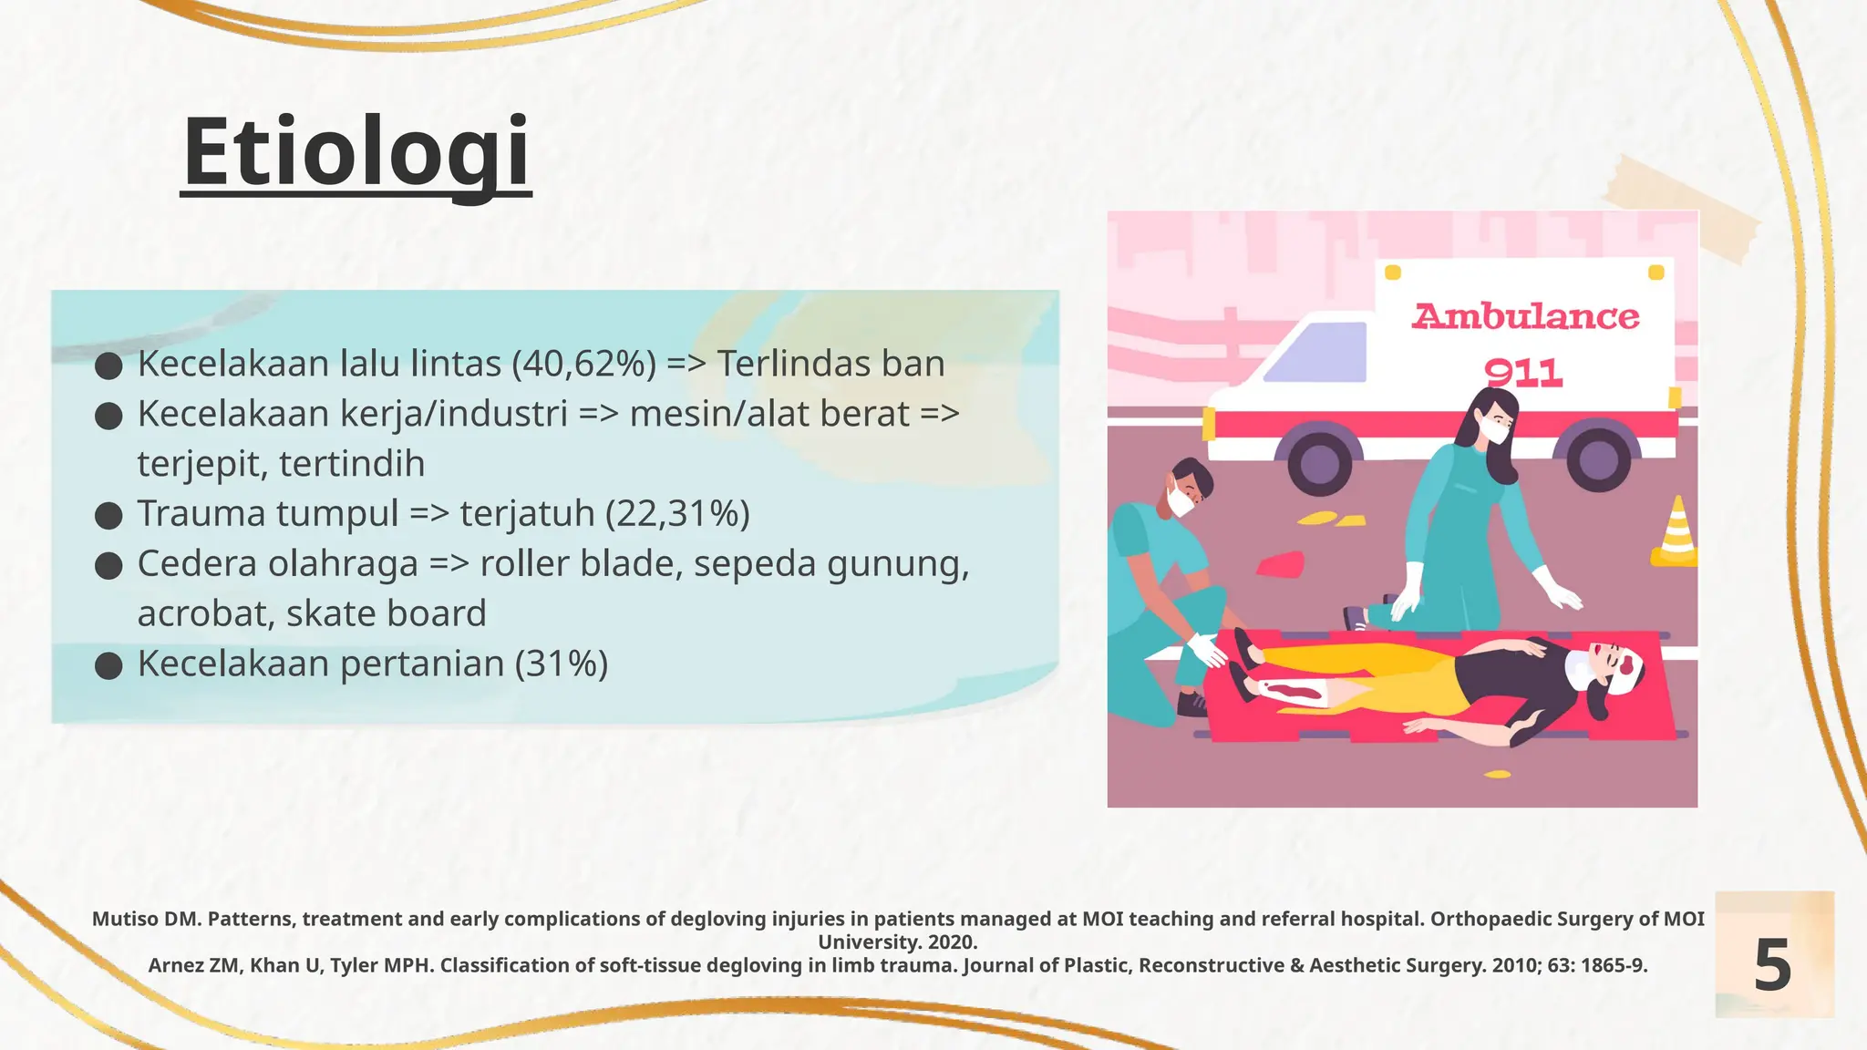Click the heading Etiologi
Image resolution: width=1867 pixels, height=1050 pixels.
[356, 151]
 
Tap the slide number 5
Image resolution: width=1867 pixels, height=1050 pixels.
[1772, 965]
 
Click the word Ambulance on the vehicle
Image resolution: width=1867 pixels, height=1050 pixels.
[1525, 317]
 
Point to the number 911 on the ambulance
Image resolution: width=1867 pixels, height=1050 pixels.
[1522, 373]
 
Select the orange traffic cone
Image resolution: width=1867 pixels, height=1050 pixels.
[1676, 533]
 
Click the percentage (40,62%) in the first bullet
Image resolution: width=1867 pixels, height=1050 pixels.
[583, 364]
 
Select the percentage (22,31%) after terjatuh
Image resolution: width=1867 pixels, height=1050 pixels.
[677, 513]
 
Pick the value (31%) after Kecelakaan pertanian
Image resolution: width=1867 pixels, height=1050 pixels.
[561, 664]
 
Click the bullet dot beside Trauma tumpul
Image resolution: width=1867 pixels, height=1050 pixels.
[108, 516]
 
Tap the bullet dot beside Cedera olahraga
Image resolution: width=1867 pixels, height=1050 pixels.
[108, 566]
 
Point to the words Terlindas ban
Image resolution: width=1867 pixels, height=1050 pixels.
[830, 364]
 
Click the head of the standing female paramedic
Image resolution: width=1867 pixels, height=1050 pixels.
[1492, 417]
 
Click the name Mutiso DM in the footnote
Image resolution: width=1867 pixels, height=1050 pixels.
[145, 919]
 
